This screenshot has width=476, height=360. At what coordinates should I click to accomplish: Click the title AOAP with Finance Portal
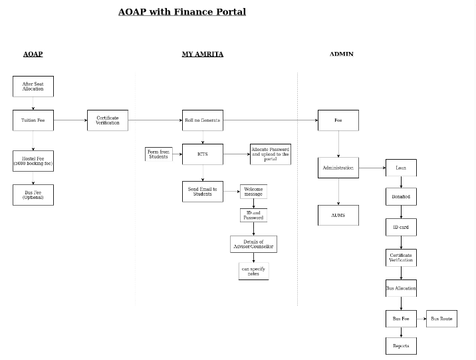(181, 12)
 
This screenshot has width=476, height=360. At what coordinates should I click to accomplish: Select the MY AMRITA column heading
(202, 54)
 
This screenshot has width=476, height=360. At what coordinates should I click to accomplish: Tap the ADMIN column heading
(341, 54)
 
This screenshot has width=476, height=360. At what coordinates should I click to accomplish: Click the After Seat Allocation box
(33, 87)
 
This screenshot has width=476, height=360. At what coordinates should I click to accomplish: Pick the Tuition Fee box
(33, 120)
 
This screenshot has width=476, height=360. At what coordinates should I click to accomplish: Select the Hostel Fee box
(33, 161)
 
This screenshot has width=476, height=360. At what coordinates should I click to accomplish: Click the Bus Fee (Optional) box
(33, 195)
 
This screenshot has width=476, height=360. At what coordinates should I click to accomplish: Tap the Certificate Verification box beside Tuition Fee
(107, 120)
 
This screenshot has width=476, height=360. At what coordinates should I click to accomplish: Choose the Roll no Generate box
(203, 120)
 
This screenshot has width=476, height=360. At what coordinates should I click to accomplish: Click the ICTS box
(203, 154)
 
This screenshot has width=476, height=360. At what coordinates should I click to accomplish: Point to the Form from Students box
(159, 154)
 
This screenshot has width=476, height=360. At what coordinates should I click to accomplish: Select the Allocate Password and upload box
(270, 154)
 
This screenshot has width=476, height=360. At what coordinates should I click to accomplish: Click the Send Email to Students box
(203, 192)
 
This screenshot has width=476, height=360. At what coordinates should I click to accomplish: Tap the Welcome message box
(253, 192)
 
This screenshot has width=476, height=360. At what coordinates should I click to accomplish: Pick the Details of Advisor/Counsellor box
(253, 244)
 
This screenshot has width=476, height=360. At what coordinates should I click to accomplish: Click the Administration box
(338, 168)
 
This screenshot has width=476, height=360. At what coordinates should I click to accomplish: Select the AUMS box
(338, 215)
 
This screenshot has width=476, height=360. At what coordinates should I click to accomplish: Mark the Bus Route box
(441, 319)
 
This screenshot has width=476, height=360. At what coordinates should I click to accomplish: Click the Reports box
(401, 346)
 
